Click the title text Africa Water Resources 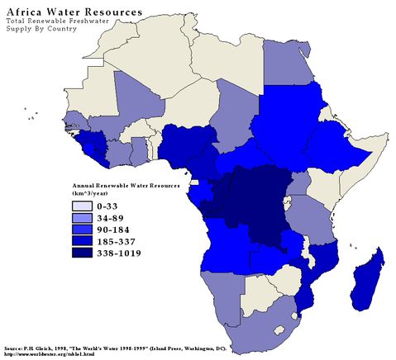[x=74, y=13]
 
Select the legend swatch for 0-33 [x=83, y=206]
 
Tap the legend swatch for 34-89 [x=83, y=217]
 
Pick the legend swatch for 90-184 [x=83, y=229]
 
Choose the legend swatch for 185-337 [x=83, y=240]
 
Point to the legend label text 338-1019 [x=117, y=253]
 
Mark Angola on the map [x=227, y=248]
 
